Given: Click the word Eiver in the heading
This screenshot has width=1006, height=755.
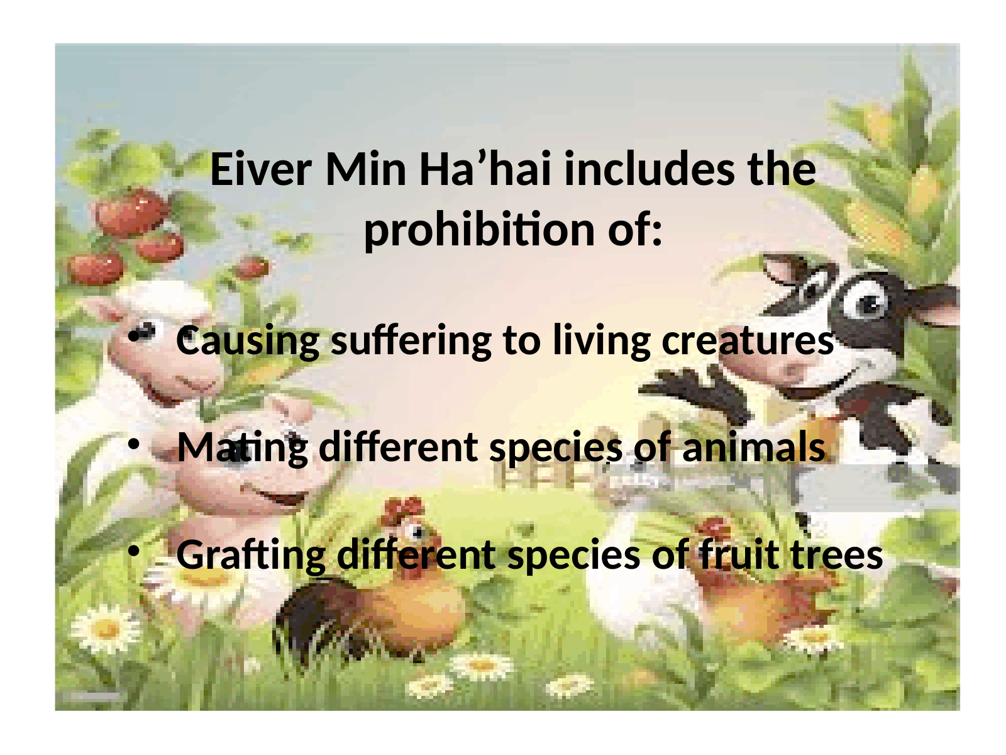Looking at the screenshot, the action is click(x=261, y=169).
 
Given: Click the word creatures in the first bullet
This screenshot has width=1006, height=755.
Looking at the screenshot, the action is click(x=748, y=342).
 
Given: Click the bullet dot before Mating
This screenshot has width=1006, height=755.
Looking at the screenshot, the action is click(x=133, y=444).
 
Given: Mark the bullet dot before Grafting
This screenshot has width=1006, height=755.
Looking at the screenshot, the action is click(x=133, y=552).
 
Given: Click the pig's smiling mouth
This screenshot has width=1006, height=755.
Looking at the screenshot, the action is click(x=275, y=495).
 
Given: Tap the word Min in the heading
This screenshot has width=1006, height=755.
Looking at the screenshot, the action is click(x=366, y=169).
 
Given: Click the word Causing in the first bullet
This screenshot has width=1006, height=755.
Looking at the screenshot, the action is click(x=248, y=342).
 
